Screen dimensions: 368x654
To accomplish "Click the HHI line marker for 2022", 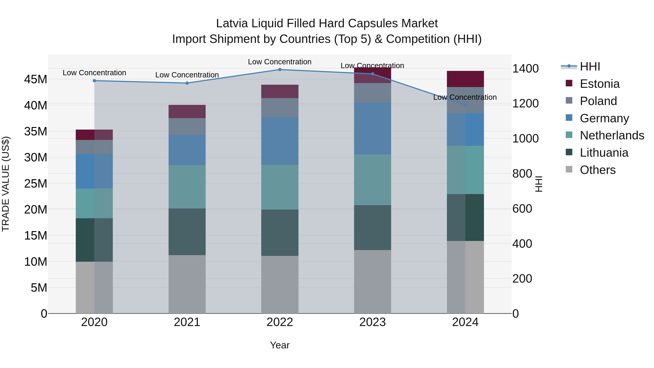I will coord(280,69).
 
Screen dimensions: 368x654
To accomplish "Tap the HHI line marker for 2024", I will coord(465,105).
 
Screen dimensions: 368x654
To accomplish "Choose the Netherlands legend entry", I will coord(612,135).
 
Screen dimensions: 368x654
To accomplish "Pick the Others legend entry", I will coord(597,170).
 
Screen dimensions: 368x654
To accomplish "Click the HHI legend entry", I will coord(590,67).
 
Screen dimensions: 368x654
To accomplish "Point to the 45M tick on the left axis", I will coord(36,79).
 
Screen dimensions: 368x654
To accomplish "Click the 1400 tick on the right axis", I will coord(525,69).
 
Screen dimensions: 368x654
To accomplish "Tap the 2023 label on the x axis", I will coord(372,322).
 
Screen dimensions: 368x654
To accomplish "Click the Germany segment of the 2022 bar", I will coord(280,141).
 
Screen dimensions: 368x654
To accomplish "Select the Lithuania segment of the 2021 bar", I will coord(187,232).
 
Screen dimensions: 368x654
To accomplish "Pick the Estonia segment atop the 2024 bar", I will coord(465,79).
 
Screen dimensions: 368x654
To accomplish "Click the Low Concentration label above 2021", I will coord(187,75).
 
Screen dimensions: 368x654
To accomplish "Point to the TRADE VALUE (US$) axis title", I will coord(6,184).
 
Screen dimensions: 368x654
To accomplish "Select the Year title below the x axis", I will coord(280,345).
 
